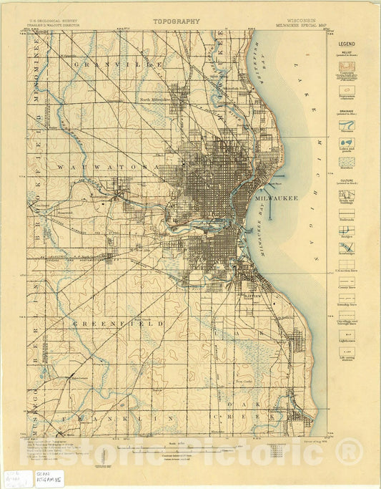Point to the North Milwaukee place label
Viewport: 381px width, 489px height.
pyautogui.click(x=156, y=99)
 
